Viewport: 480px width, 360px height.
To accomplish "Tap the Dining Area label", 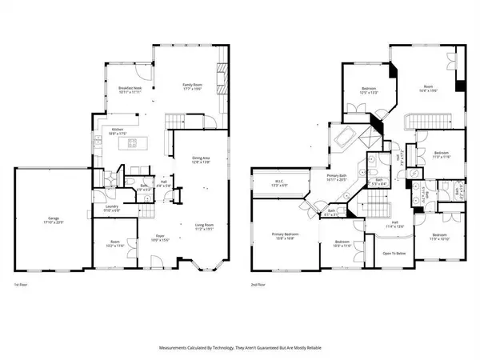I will coord(201,161).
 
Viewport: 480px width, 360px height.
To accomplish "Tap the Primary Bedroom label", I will coord(283,235).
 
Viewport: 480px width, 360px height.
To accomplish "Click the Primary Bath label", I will coord(336,177).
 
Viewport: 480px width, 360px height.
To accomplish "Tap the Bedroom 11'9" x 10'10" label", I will coord(440,237).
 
